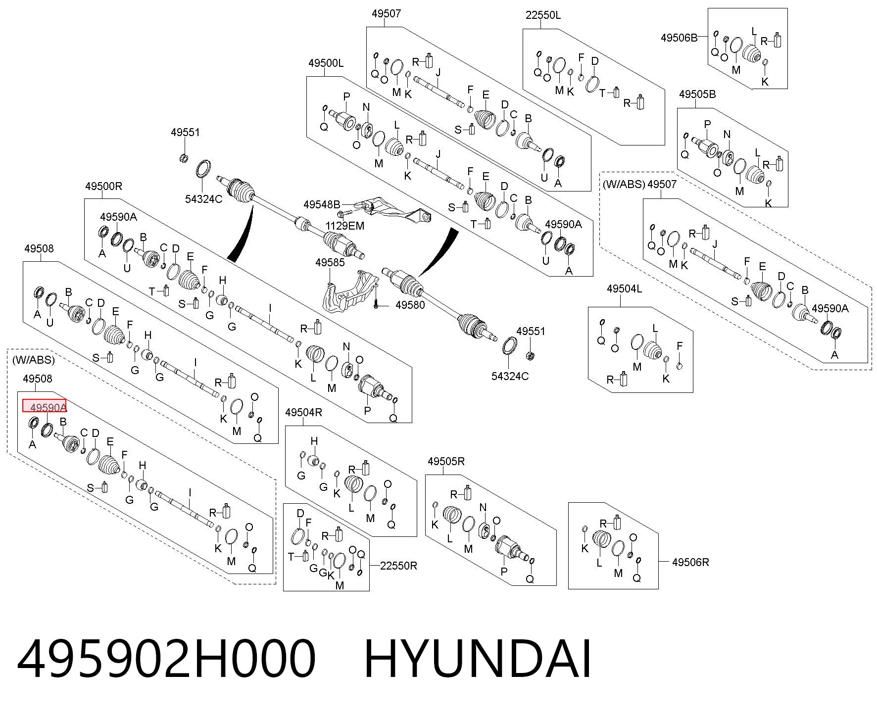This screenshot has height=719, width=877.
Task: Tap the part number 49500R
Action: click(103, 186)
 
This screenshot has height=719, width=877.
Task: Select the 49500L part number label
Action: click(326, 63)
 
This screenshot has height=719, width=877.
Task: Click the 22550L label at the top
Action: click(543, 15)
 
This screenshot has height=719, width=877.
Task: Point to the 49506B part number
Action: click(679, 38)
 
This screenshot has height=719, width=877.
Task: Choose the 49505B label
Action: click(697, 94)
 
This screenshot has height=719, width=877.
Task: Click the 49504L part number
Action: click(624, 288)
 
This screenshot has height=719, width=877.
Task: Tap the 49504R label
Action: click(303, 412)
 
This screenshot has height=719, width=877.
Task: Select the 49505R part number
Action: click(446, 461)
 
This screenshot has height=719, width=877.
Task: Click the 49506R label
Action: click(690, 562)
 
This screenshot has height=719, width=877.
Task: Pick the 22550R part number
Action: click(398, 566)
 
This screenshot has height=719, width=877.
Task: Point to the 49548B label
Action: click(322, 204)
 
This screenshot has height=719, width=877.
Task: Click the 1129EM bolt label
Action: click(344, 226)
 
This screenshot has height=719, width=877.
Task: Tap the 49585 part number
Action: click(330, 262)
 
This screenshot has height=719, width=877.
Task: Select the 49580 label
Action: click(410, 305)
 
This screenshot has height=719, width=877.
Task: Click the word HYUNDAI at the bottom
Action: click(478, 659)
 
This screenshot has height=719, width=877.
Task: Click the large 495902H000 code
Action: click(166, 659)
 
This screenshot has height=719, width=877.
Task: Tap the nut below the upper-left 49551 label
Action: click(184, 158)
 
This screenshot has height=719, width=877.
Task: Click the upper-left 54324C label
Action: click(203, 199)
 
